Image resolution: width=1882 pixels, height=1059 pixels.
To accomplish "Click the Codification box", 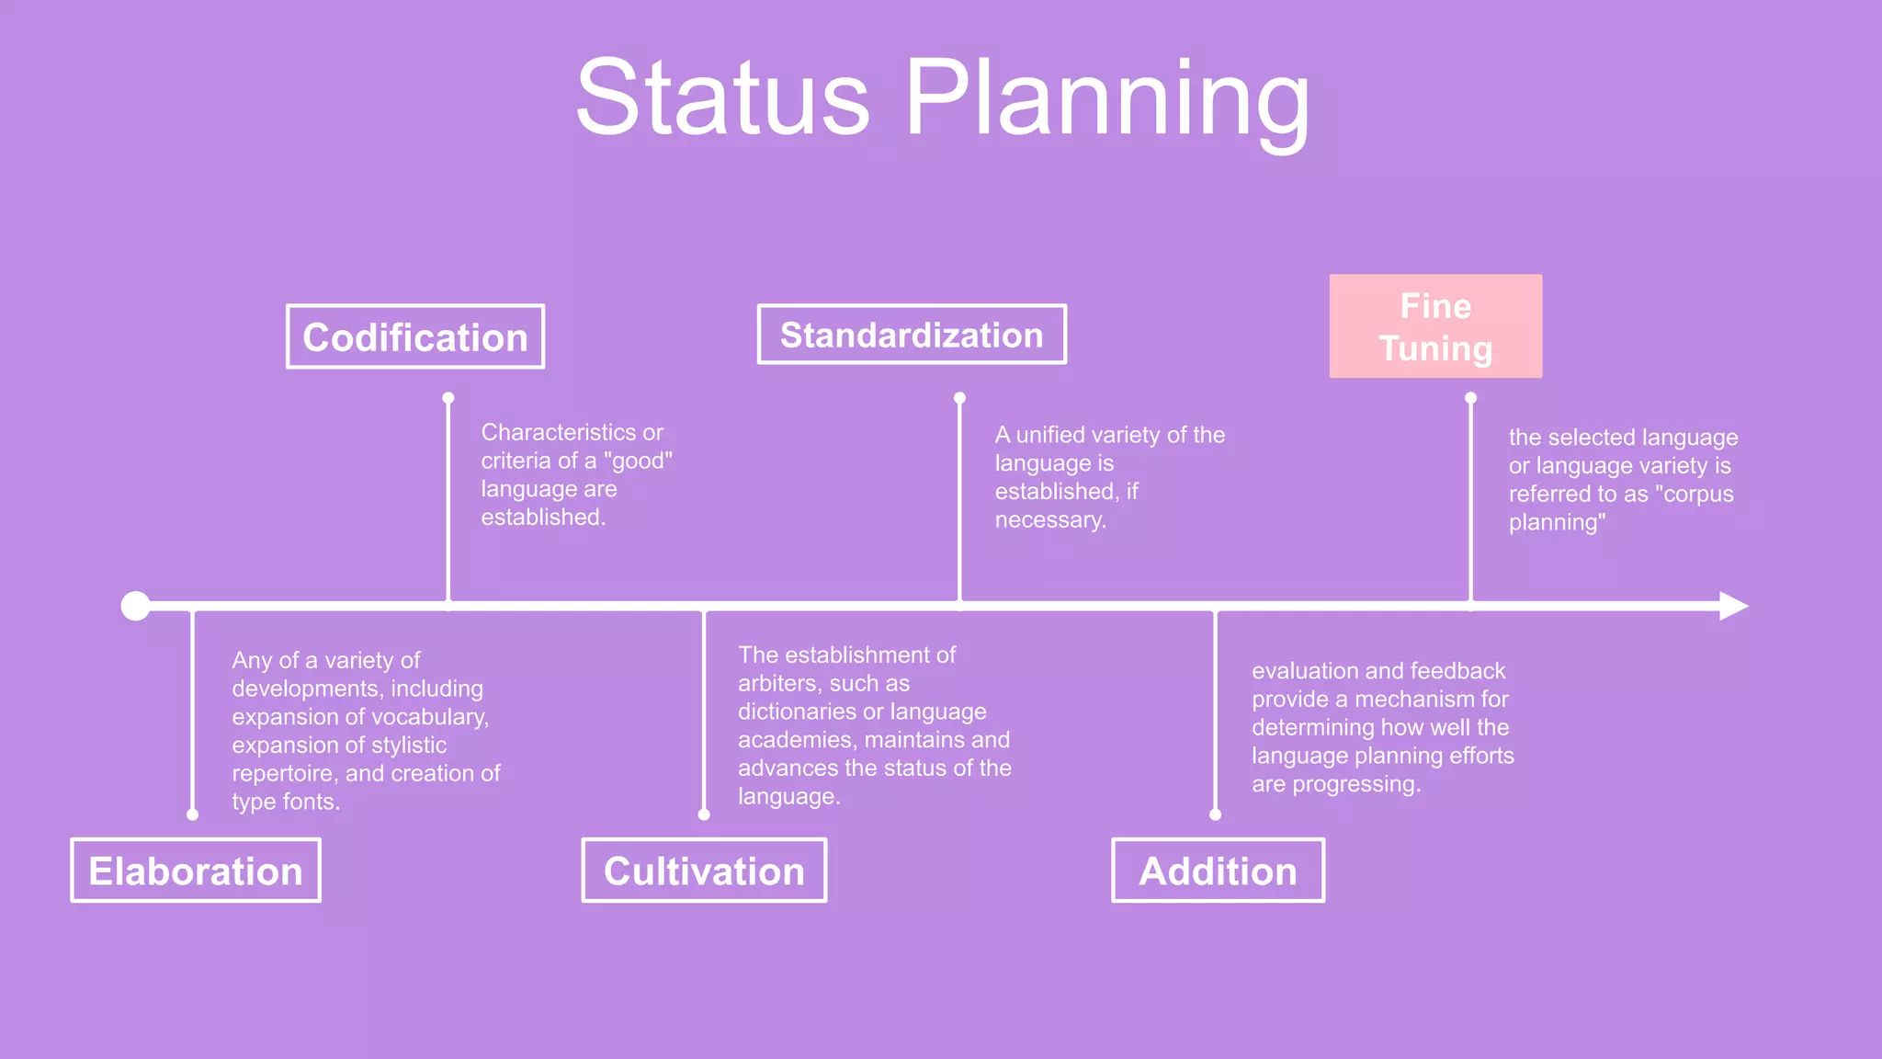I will [415, 337].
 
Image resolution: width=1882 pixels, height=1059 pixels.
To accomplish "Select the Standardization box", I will [912, 335].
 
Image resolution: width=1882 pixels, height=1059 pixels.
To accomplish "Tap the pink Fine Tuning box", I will [1435, 326].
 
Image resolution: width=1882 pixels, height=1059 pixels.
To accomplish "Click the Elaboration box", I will [196, 871].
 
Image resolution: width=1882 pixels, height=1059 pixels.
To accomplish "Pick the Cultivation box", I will [704, 871].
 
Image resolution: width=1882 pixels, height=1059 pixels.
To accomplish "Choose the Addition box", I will [1218, 871].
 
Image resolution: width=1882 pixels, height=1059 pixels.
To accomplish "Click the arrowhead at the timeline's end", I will [1733, 606].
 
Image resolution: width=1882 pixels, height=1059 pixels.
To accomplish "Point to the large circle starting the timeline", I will [136, 606].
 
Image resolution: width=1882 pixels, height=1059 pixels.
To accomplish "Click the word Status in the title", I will [722, 98].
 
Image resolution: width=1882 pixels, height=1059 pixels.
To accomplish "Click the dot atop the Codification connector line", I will [448, 398].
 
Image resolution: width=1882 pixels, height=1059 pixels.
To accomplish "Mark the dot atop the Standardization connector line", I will [959, 398].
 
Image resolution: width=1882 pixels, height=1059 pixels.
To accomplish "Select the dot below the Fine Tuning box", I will [1471, 398].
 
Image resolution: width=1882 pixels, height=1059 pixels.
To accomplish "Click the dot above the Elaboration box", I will [192, 814].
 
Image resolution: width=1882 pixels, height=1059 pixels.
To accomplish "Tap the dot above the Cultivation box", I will [704, 814].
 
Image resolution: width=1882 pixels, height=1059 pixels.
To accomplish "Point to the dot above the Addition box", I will [1216, 814].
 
